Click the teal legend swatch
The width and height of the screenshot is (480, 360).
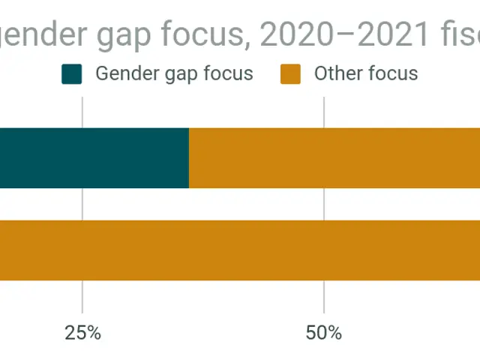tap(72, 74)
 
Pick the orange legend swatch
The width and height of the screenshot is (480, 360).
tap(291, 74)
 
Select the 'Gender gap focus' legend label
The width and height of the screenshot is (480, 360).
tap(174, 74)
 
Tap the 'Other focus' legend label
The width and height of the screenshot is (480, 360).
tap(365, 73)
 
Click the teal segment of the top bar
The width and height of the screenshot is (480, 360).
tap(94, 157)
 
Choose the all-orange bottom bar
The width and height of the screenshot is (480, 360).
tap(240, 250)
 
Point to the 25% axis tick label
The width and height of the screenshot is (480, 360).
tap(82, 332)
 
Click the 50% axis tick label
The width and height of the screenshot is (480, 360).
tap(324, 332)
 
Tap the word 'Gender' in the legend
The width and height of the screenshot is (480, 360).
tap(122, 73)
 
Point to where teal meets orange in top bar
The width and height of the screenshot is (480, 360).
tap(189, 157)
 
